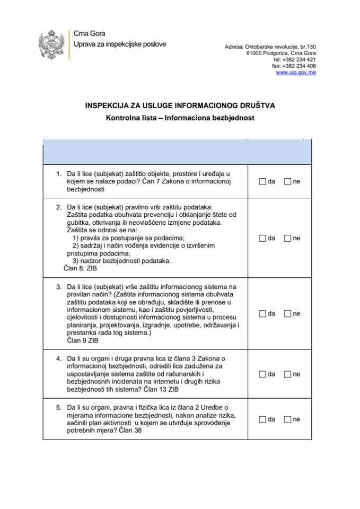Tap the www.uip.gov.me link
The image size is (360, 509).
pos(296,73)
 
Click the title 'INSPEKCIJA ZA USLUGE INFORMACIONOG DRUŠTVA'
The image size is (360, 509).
pos(180,106)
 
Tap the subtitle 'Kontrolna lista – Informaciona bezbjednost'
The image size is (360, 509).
pos(180,118)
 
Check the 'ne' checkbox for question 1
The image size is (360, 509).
pos(287,181)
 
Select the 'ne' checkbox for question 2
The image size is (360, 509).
pos(287,239)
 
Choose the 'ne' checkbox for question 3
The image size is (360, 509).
pos(287,313)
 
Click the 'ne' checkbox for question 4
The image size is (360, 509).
pos(287,374)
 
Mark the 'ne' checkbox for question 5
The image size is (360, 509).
pos(287,419)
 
